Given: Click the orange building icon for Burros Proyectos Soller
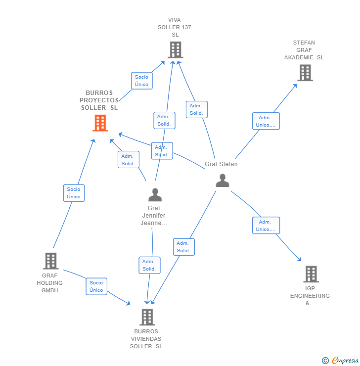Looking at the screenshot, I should click(100, 123).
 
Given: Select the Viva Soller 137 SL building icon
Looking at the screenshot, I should click(176, 50).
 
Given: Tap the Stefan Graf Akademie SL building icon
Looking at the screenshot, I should click(305, 73).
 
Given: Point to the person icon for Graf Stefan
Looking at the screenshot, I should click(223, 181).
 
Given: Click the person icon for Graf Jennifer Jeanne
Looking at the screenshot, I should click(155, 195).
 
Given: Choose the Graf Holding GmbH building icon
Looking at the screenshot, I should click(50, 261).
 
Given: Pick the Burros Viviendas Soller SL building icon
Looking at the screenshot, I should click(147, 317).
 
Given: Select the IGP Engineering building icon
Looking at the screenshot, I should click(311, 274).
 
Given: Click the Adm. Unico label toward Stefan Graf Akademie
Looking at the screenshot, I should click(266, 121).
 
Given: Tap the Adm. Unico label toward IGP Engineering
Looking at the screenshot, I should click(266, 226).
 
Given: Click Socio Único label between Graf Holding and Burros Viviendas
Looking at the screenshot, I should click(96, 286).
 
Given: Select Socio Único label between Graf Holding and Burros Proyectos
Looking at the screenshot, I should click(74, 193).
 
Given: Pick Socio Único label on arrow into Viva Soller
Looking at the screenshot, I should click(142, 81).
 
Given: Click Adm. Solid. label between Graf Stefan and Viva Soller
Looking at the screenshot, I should click(196, 110).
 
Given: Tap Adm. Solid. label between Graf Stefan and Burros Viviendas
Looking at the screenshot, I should click(183, 247).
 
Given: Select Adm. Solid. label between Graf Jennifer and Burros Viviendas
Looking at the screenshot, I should click(149, 265).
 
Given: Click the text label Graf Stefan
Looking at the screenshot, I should click(221, 164).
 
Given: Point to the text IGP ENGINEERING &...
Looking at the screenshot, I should click(310, 296).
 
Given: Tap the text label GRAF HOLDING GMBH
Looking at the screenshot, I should click(49, 283).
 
